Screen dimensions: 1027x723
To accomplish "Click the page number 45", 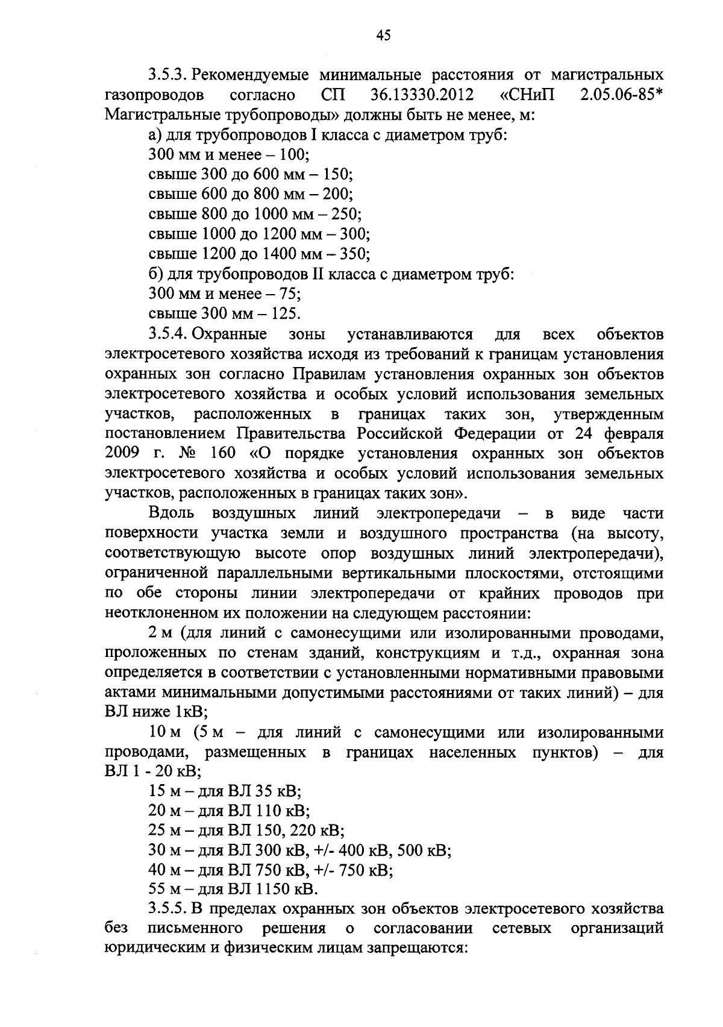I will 383,36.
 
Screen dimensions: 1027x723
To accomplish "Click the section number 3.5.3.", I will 170,75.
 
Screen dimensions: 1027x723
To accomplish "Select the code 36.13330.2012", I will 418,95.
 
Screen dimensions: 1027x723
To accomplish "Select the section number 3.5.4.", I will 170,334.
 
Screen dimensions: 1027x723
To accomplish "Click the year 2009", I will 122,453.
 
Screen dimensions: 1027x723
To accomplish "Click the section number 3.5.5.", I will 170,909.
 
